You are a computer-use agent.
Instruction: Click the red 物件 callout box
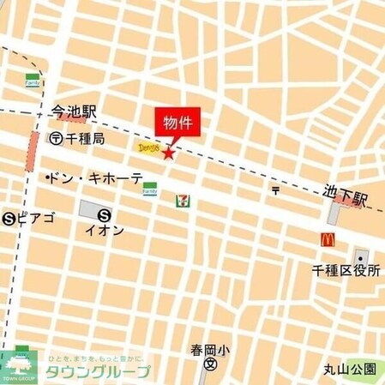pos(177,123)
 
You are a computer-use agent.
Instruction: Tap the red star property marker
pos(168,154)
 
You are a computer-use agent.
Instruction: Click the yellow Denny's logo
pos(148,147)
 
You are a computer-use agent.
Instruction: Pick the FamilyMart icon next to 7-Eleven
pos(150,187)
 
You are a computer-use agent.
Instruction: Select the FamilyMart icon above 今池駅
pos(33,80)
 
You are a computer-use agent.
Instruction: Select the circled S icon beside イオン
pos(105,215)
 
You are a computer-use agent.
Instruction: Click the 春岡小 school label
pos(209,351)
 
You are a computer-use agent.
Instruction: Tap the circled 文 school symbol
pos(210,364)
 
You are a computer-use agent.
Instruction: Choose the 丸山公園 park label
pos(349,369)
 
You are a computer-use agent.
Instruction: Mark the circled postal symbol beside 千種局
pos(55,137)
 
